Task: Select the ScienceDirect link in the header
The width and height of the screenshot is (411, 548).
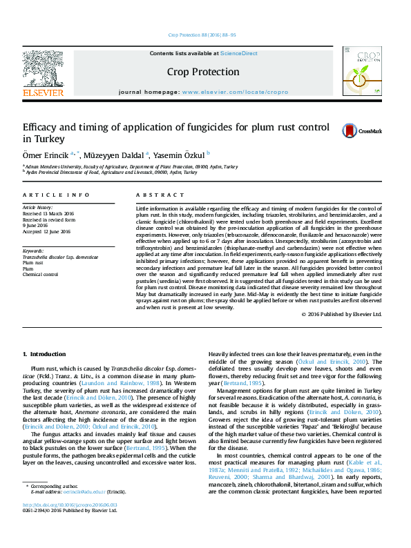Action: [x=239, y=52]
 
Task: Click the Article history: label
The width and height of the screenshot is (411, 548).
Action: [x=39, y=207]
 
